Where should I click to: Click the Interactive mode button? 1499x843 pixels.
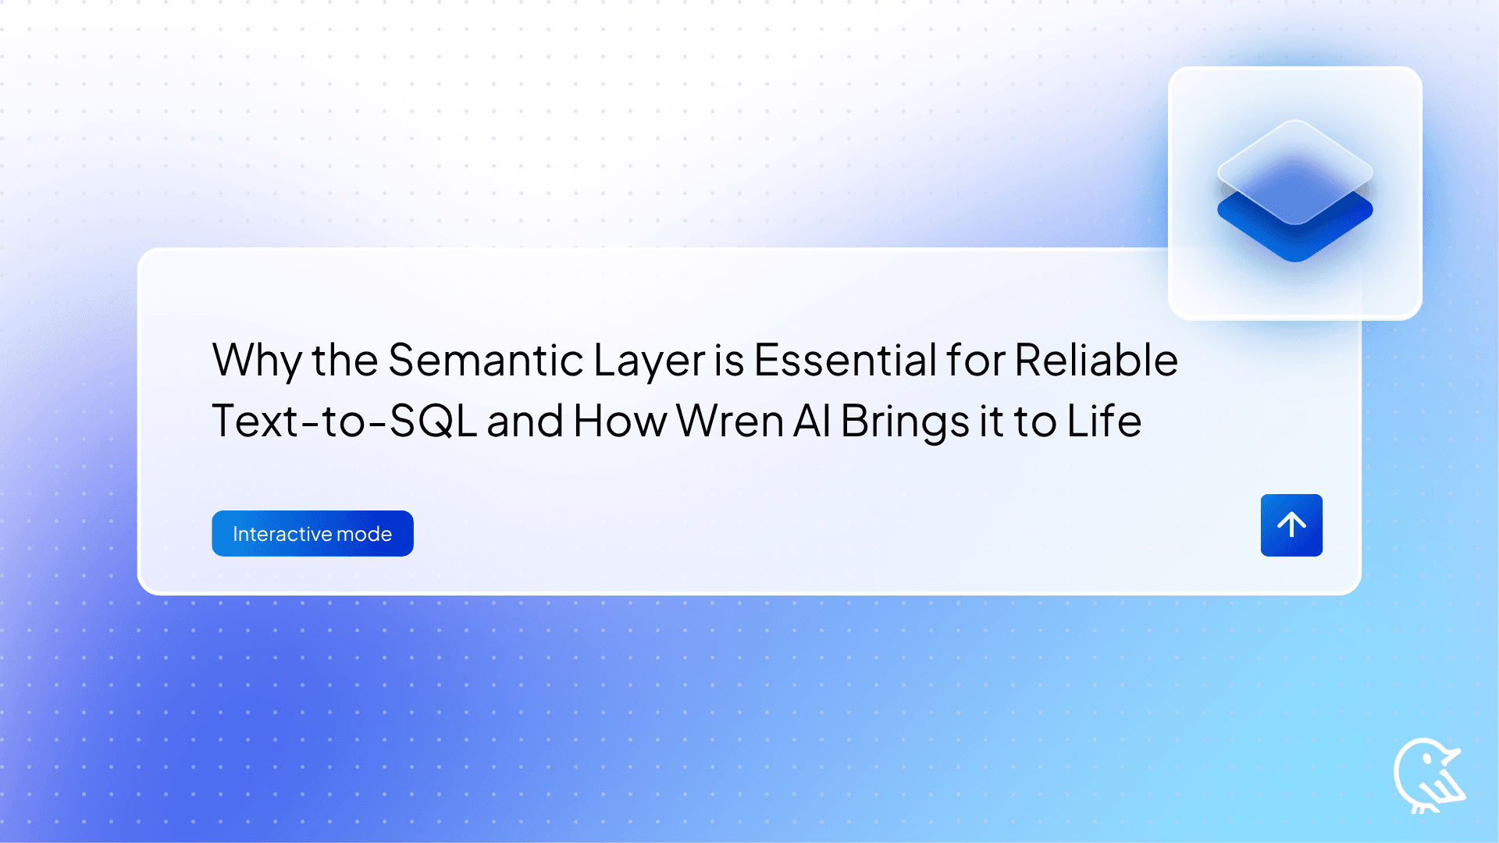click(x=312, y=534)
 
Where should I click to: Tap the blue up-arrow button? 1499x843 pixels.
click(x=1291, y=525)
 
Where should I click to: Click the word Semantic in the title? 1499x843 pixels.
click(x=485, y=361)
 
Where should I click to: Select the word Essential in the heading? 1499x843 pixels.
click(x=845, y=361)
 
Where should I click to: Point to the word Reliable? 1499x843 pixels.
click(x=1096, y=361)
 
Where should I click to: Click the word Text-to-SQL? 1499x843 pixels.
click(x=344, y=421)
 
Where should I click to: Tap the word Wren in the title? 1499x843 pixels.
click(x=729, y=421)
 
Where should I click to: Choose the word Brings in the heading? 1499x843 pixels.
click(x=904, y=421)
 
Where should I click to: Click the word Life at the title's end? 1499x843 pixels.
click(x=1104, y=421)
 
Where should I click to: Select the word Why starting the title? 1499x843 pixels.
click(x=256, y=361)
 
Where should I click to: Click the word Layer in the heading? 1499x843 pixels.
click(x=649, y=361)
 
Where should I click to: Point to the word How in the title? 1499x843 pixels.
click(x=620, y=421)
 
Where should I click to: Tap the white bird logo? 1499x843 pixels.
click(x=1427, y=776)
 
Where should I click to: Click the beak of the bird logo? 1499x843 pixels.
click(x=1452, y=755)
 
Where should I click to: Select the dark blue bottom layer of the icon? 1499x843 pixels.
click(x=1295, y=238)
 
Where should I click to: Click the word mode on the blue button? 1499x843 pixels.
click(x=364, y=534)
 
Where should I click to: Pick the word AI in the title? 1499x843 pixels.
click(x=812, y=421)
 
